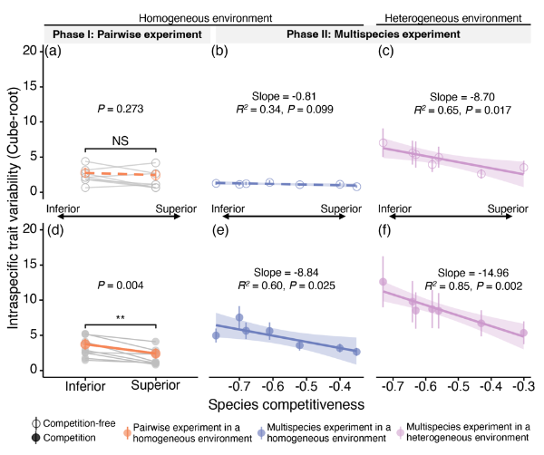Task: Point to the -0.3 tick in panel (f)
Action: (x=523, y=384)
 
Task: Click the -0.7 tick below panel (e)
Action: (x=238, y=384)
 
